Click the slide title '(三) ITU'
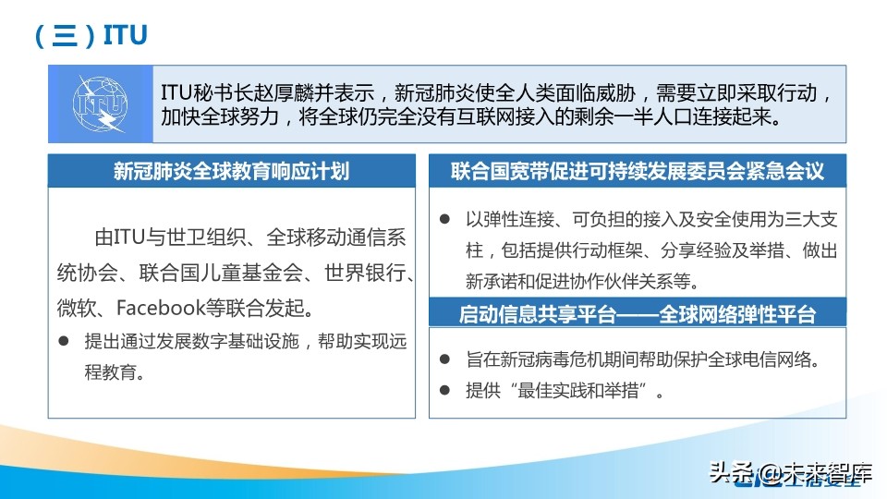click(x=91, y=34)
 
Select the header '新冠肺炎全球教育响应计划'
click(x=231, y=171)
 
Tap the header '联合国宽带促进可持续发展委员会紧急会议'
click(x=638, y=171)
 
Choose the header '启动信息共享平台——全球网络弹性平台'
click(x=638, y=314)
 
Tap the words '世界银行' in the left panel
click(x=368, y=274)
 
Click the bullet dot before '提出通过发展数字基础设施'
click(x=64, y=340)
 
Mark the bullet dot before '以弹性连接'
click(x=444, y=219)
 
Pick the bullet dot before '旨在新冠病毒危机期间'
click(x=444, y=359)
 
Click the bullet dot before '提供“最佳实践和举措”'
click(x=444, y=391)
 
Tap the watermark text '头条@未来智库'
click(x=791, y=476)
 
